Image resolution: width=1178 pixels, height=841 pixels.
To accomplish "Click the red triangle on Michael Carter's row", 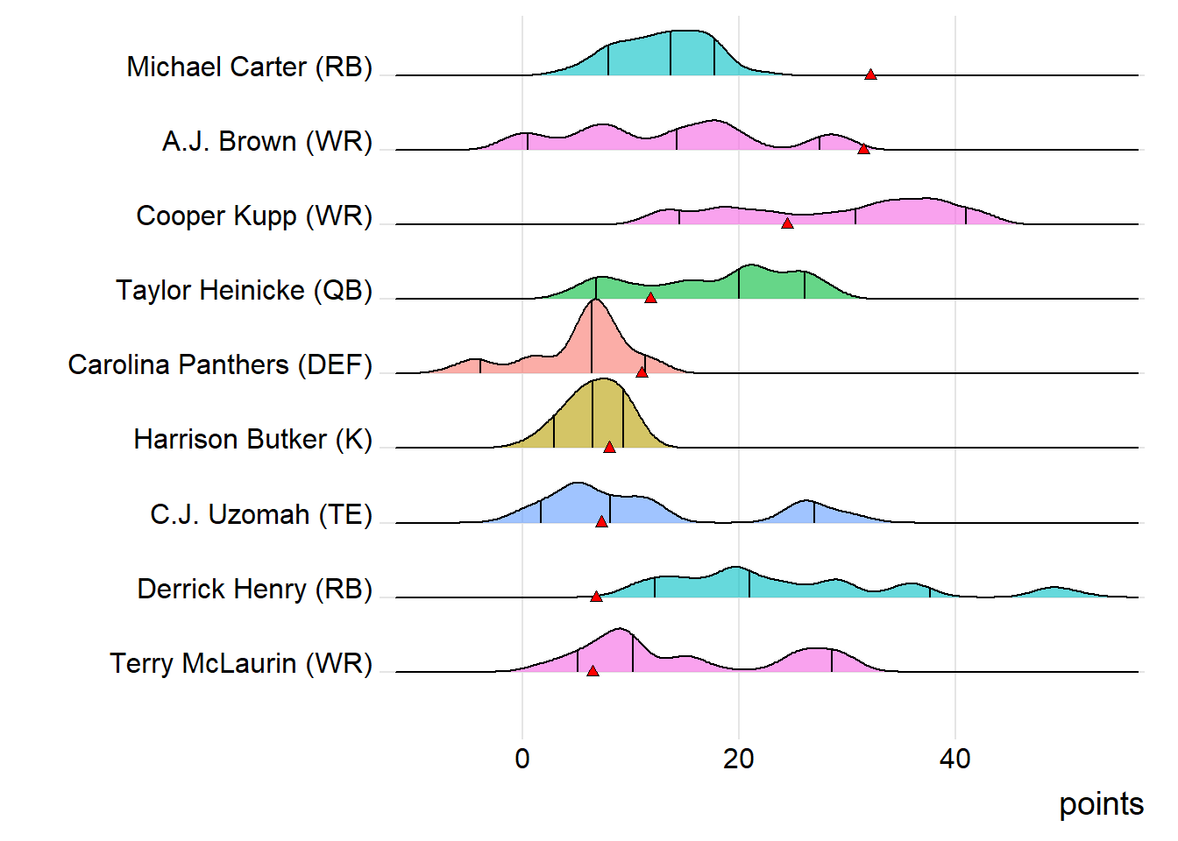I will click(870, 75).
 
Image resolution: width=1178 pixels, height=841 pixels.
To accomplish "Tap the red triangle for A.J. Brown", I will click(863, 150).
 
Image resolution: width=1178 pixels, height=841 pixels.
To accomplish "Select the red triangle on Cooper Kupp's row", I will click(787, 224).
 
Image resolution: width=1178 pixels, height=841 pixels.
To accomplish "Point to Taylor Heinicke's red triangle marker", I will click(650, 299).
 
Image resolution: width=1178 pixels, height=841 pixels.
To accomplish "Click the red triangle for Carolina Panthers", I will click(642, 372).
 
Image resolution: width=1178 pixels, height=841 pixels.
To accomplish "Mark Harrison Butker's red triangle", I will click(609, 448).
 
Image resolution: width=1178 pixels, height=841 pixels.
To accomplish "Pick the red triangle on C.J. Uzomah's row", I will click(601, 522).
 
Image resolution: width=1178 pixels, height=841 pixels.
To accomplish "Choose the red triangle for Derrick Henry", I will click(596, 597).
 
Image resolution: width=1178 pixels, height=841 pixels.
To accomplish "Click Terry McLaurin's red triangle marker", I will click(593, 672).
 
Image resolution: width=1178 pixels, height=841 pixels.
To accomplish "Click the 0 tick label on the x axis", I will click(522, 759).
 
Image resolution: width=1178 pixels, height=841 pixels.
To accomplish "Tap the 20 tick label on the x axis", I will click(739, 759).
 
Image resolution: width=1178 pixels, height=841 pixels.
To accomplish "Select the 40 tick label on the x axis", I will click(954, 759).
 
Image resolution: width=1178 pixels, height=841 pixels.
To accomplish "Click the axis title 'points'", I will click(1101, 804).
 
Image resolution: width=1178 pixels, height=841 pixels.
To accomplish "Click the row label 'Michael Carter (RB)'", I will click(250, 67).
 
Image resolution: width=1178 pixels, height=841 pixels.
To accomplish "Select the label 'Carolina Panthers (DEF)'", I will click(220, 364).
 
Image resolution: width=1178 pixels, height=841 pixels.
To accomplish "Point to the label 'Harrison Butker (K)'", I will click(253, 439).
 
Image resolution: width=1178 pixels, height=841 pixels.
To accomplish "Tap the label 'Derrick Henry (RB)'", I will click(255, 589).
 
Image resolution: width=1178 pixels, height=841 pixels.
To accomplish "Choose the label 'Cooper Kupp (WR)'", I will click(254, 216).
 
